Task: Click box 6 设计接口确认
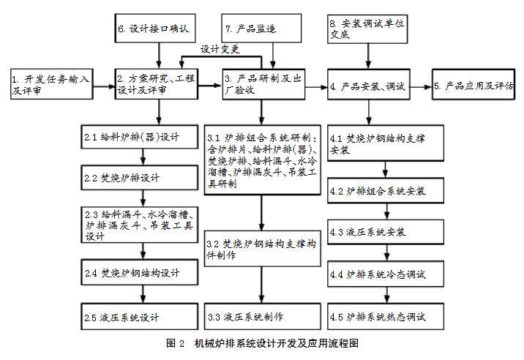click(x=155, y=29)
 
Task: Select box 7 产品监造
click(x=261, y=29)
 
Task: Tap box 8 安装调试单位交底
click(x=367, y=29)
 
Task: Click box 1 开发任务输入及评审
click(x=52, y=84)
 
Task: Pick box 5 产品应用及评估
click(x=474, y=84)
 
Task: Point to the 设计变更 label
click(x=220, y=50)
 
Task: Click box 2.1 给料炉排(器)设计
click(x=140, y=137)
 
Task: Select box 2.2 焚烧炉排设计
click(x=140, y=178)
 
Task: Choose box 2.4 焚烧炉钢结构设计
click(x=140, y=272)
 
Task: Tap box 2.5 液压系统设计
click(x=140, y=317)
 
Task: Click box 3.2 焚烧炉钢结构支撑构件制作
click(x=263, y=248)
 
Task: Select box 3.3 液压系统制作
click(x=263, y=317)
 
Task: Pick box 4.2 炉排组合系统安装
click(x=386, y=190)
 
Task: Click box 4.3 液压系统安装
click(x=386, y=232)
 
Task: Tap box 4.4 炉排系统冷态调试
click(x=386, y=274)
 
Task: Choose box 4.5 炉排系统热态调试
click(x=386, y=317)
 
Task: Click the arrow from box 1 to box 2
click(x=104, y=87)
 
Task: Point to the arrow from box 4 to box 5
click(x=421, y=87)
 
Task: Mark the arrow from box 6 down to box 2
click(x=159, y=56)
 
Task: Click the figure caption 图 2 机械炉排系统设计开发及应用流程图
click(x=262, y=343)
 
